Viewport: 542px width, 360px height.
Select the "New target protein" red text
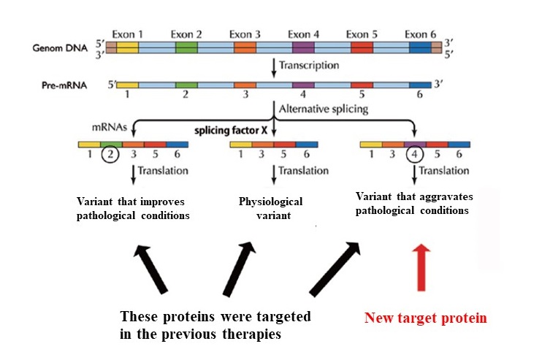point(426,318)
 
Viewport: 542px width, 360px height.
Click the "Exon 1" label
point(127,34)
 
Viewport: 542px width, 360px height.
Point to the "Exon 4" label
point(303,34)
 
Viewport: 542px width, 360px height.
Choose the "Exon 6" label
point(420,34)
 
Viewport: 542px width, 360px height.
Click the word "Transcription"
point(310,65)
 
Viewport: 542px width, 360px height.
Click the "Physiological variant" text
point(272,208)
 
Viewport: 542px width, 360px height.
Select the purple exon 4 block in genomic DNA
point(303,48)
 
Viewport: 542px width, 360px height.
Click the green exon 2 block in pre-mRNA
point(186,84)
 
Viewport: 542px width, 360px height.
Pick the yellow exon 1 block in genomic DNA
point(127,48)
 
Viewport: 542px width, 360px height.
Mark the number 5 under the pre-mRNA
point(361,94)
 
